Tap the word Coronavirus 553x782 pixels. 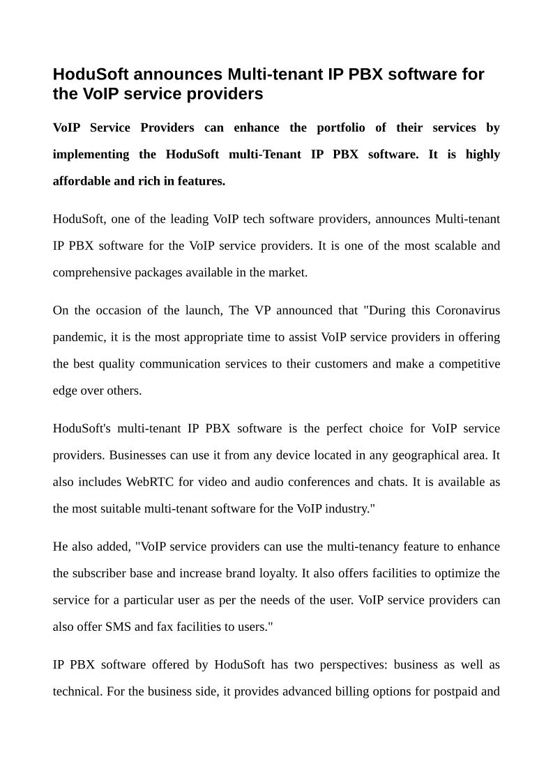click(468, 310)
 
